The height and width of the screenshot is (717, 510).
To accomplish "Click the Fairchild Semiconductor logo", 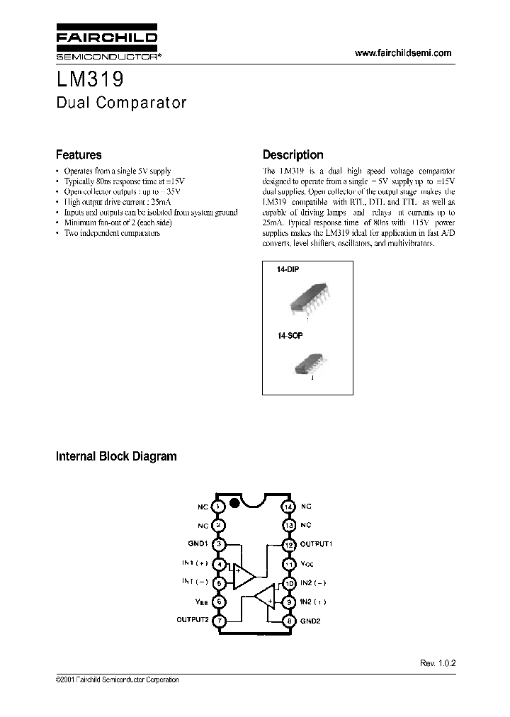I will (x=106, y=45).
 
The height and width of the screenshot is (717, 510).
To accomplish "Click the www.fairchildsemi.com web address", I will (x=403, y=54).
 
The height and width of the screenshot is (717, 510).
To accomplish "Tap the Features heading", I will (x=79, y=154).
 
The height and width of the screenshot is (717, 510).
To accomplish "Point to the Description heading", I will (x=293, y=154).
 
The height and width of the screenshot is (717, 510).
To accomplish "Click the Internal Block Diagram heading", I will (x=116, y=456).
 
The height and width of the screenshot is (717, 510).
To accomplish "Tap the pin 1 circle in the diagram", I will (x=219, y=507).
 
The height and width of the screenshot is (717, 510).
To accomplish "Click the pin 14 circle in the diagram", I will (x=288, y=507).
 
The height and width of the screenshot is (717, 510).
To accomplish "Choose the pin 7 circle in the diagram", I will (x=219, y=621).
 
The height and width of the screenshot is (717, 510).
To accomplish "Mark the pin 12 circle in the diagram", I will (x=288, y=545).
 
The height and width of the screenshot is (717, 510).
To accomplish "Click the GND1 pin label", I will (x=198, y=545).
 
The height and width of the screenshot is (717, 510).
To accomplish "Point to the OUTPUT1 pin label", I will (x=317, y=545).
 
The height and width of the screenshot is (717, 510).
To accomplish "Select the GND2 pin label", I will (x=310, y=621).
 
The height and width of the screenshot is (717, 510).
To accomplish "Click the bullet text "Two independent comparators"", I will (x=112, y=233).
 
